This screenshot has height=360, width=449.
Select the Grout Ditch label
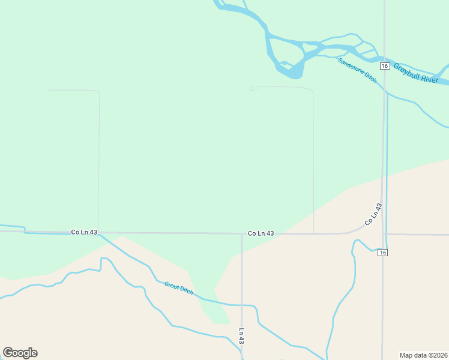[179, 287]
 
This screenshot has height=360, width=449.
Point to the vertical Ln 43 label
[241, 335]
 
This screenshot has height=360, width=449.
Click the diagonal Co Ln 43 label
[373, 214]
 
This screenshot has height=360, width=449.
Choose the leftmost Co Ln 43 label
[84, 232]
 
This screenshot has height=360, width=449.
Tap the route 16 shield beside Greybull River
[385, 65]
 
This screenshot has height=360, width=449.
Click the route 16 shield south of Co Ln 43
[383, 253]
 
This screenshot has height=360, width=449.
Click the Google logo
[20, 353]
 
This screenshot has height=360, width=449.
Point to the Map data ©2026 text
[423, 355]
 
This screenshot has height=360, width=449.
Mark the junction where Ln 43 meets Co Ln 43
[242, 234]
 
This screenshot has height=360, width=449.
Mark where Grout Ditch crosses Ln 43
[242, 305]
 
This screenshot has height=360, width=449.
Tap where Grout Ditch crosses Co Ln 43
[100, 233]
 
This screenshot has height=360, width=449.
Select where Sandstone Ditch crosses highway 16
[385, 91]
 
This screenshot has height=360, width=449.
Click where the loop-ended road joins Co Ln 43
[314, 233]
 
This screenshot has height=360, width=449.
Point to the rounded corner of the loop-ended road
[311, 90]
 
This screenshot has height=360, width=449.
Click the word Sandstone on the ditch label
[351, 66]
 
